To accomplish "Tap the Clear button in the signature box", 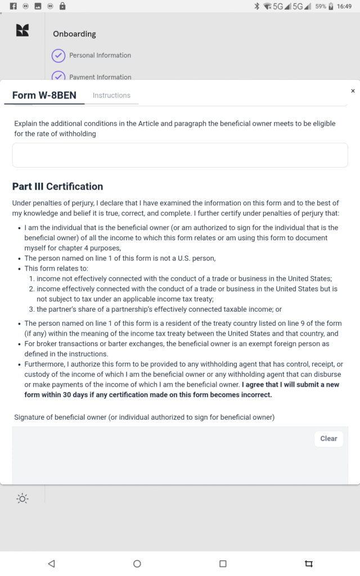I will [328, 439].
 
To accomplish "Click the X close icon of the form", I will [353, 91].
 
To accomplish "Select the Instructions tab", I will [111, 96].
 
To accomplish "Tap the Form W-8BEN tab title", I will [44, 95].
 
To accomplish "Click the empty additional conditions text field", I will [180, 155].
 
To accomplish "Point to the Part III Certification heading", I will [57, 187].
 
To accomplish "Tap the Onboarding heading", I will [74, 34].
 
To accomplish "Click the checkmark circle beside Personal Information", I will [58, 56].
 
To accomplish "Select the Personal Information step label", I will [100, 56].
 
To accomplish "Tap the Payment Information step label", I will [100, 76].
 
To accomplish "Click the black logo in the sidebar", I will [22, 31].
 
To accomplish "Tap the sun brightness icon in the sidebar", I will [22, 498].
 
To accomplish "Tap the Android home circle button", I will [137, 564].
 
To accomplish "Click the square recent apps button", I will [223, 564].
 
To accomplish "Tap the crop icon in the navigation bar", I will [308, 564].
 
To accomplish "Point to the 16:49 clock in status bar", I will [344, 6].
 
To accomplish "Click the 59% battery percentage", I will [321, 6].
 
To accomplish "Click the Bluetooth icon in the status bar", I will [256, 6].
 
